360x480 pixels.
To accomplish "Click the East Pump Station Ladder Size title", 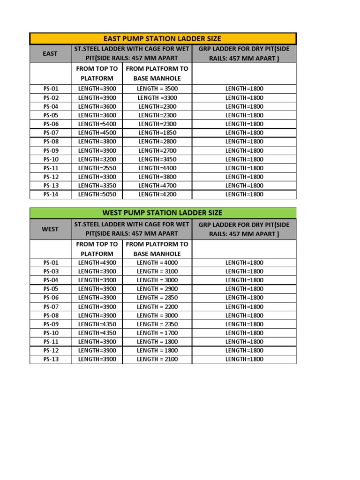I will click(x=163, y=38).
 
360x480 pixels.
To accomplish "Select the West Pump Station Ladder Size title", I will click(x=163, y=213).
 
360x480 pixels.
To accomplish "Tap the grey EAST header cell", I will click(x=50, y=53).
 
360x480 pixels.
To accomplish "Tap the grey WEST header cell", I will click(x=50, y=229).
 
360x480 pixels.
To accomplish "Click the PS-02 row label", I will click(x=50, y=97).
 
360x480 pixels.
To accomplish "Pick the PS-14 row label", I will click(x=50, y=194).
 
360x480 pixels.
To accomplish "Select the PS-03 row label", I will click(x=50, y=271).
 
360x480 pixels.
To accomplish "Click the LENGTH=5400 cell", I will click(x=97, y=124).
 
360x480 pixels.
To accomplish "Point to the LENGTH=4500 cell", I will click(x=97, y=133).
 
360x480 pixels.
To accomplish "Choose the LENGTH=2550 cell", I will click(x=97, y=168).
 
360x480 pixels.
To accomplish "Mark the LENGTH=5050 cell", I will click(x=97, y=194).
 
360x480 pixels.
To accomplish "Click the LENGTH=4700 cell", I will click(x=157, y=185).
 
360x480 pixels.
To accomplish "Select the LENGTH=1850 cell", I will click(x=157, y=133).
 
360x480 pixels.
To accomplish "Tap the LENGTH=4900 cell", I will click(x=97, y=262).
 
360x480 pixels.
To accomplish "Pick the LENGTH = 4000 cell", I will click(x=157, y=262).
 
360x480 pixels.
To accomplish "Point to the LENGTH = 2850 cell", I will click(x=157, y=298).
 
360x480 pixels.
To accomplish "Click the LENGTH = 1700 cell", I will click(x=157, y=333).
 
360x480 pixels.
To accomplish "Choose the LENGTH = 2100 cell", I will click(x=157, y=359).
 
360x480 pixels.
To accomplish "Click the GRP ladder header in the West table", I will click(x=244, y=229).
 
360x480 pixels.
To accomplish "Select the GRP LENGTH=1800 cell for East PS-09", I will click(x=244, y=150).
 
